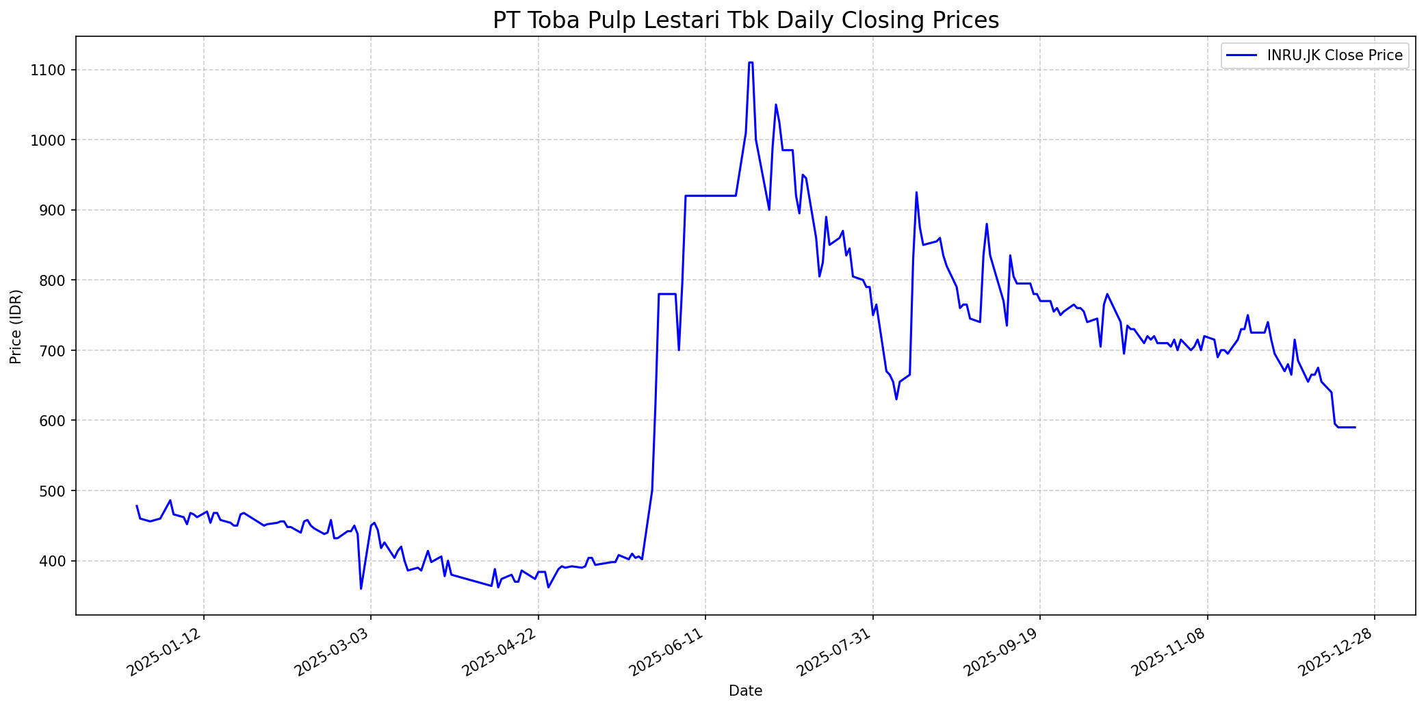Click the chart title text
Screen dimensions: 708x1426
(745, 21)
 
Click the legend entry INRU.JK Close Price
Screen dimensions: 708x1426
(1334, 55)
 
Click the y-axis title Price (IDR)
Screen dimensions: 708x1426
(16, 326)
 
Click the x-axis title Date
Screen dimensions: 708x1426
(745, 691)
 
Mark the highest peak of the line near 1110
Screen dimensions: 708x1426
(751, 63)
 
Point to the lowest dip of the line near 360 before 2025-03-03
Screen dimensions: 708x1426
(361, 588)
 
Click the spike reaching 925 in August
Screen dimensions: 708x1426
(916, 193)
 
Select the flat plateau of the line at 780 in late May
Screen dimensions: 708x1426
(667, 294)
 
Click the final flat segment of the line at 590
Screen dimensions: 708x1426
(1346, 428)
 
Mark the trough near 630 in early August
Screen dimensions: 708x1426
(896, 399)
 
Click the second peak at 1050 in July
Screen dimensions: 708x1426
(775, 105)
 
